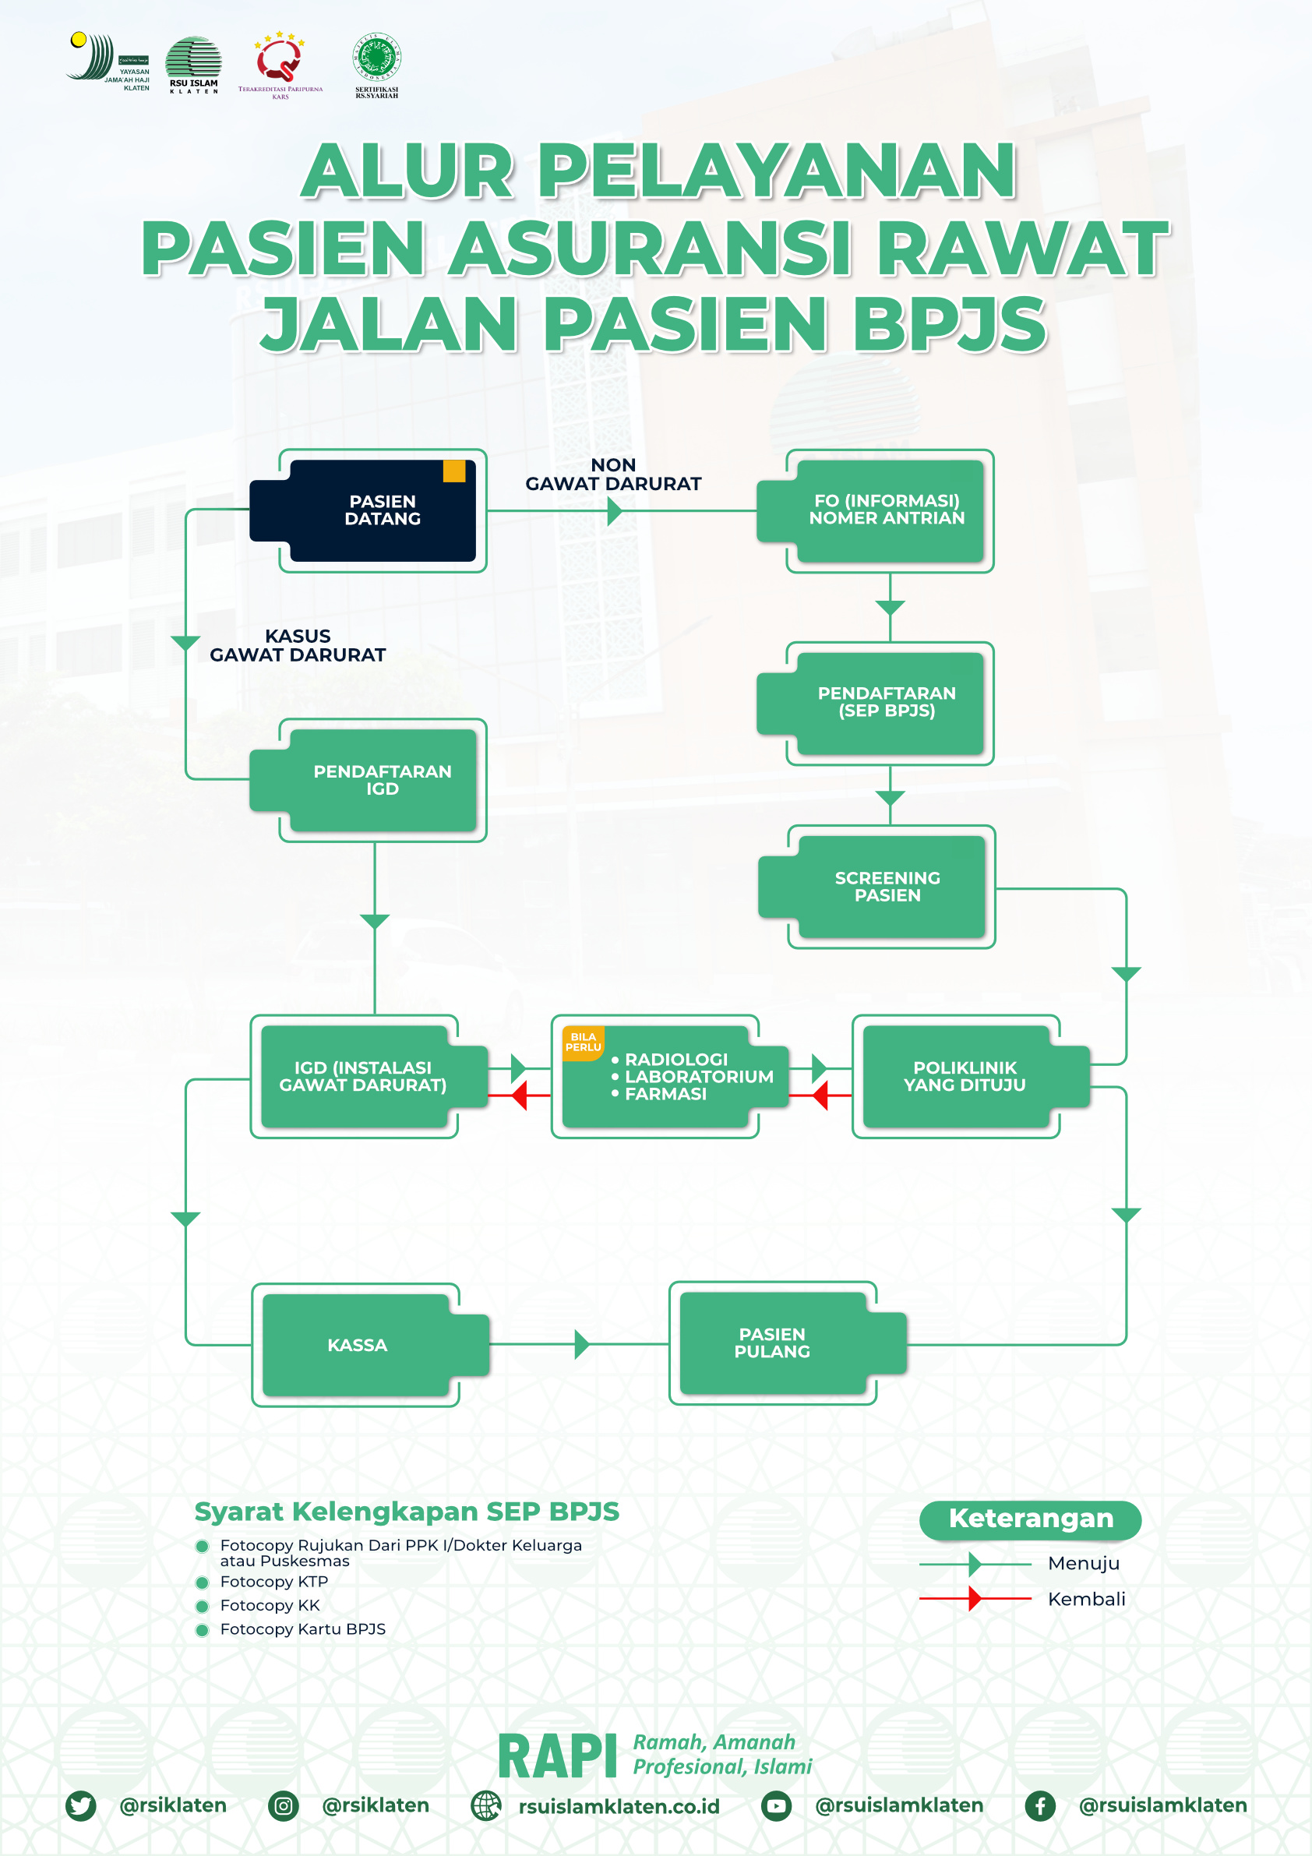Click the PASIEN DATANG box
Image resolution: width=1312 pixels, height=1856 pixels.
pyautogui.click(x=382, y=510)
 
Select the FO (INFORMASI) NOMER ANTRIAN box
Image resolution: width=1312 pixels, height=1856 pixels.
pyautogui.click(x=887, y=510)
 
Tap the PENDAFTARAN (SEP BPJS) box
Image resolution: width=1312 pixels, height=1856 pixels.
pyautogui.click(x=887, y=703)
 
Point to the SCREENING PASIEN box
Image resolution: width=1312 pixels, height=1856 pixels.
pyautogui.click(x=887, y=886)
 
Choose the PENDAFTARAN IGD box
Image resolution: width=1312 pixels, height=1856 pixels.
pyautogui.click(x=382, y=780)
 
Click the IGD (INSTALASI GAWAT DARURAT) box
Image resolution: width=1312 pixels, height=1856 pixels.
pyautogui.click(x=362, y=1076)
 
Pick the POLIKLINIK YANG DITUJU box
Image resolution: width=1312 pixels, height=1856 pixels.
pyautogui.click(x=965, y=1076)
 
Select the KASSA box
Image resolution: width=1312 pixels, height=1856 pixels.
pyautogui.click(x=358, y=1344)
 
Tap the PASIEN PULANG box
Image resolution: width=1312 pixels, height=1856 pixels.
pyautogui.click(x=772, y=1343)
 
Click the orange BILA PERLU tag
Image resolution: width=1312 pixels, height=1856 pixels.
pyautogui.click(x=583, y=1042)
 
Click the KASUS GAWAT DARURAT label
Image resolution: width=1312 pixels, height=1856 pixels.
pyautogui.click(x=298, y=645)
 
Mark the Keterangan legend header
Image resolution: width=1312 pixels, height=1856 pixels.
pyautogui.click(x=1030, y=1518)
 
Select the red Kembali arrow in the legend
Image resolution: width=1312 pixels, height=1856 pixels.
pyautogui.click(x=975, y=1598)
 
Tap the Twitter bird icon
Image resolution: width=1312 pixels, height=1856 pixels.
pyautogui.click(x=81, y=1805)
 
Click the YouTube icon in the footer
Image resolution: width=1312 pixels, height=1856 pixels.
pyautogui.click(x=776, y=1805)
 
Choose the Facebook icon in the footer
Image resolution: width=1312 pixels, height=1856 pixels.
pyautogui.click(x=1039, y=1805)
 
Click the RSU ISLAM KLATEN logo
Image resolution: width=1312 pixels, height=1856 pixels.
pyautogui.click(x=193, y=65)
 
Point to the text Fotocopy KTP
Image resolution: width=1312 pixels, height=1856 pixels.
pyautogui.click(x=274, y=1581)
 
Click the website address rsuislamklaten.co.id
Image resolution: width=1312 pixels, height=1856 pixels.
pyautogui.click(x=619, y=1806)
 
